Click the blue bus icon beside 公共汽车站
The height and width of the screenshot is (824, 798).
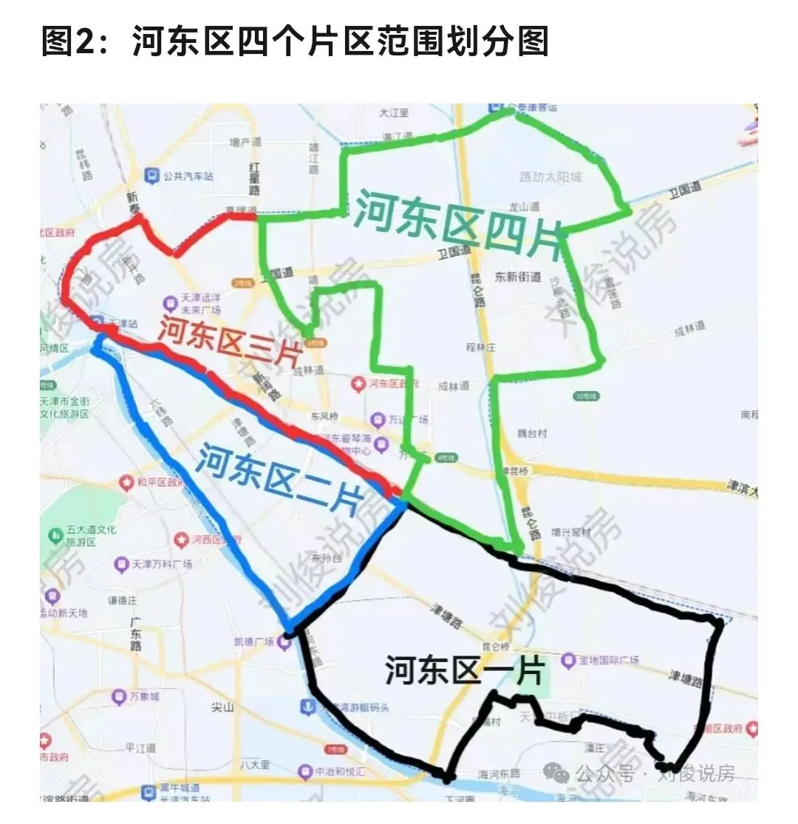tap(151, 176)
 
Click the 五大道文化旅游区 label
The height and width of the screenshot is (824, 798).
tap(81, 536)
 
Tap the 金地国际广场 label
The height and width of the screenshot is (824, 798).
tap(609, 659)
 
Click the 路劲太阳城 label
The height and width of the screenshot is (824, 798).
tap(550, 177)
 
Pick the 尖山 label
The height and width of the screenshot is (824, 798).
tap(222, 707)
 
